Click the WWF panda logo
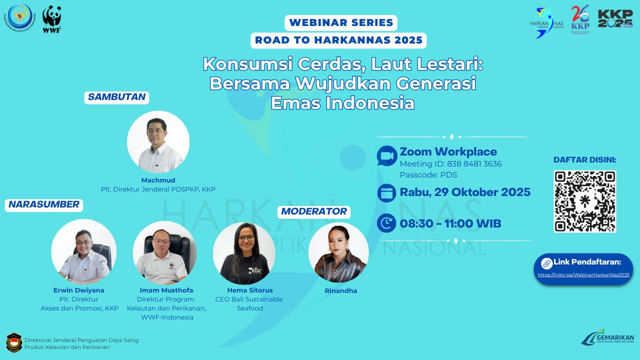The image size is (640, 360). click(51, 19)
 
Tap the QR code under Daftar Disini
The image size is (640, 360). click(584, 201)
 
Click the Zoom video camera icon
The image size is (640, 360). click(386, 156)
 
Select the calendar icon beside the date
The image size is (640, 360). click(386, 193)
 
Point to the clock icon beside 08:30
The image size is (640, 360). click(386, 223)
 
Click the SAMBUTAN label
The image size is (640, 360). click(116, 97)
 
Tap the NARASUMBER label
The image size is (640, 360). click(44, 204)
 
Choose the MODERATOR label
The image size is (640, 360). click(314, 211)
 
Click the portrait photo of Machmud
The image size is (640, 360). click(158, 142)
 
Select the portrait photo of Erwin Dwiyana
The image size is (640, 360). click(84, 251)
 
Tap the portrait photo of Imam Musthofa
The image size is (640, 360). click(165, 252)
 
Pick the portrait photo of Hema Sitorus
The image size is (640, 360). click(244, 253)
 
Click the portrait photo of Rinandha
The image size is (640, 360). click(338, 252)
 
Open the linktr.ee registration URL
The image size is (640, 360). click(583, 274)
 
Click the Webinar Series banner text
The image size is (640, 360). click(341, 22)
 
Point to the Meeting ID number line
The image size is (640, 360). click(450, 164)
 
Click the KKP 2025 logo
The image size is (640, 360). click(615, 18)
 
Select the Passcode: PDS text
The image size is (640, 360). click(428, 175)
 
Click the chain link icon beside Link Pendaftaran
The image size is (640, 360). click(546, 263)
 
